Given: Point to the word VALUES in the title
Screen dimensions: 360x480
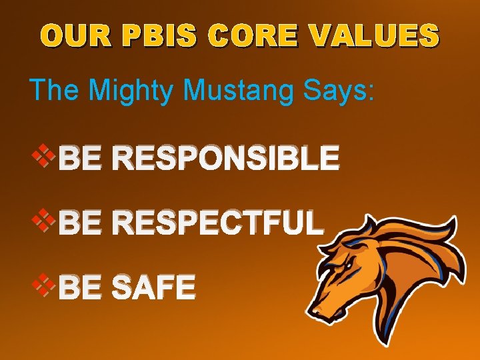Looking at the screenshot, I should click(x=376, y=36).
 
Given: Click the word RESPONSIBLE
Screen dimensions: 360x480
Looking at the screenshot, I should click(x=227, y=159).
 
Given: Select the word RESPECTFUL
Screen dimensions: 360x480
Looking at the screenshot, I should click(x=219, y=223).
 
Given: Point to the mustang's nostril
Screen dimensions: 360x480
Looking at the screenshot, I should click(x=318, y=309).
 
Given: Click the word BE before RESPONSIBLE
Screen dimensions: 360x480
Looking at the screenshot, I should click(x=78, y=159).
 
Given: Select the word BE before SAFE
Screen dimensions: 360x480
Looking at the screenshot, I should click(x=78, y=288).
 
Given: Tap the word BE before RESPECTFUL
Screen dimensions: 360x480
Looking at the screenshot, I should click(x=78, y=223).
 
